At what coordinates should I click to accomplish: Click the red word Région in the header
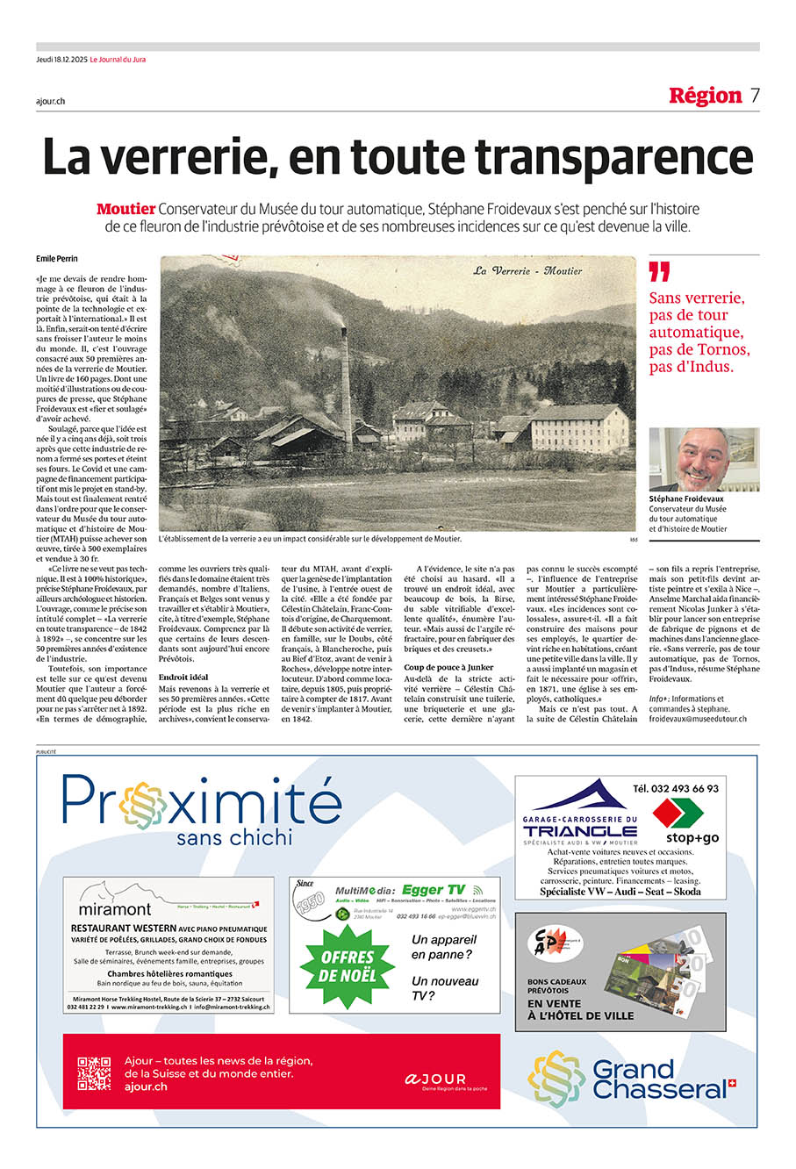(705, 96)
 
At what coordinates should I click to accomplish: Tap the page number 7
(755, 96)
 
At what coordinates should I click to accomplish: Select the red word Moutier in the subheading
(125, 209)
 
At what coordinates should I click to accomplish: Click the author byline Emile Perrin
(57, 259)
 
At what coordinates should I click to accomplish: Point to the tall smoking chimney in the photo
(346, 386)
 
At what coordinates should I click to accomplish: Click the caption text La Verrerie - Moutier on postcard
(527, 271)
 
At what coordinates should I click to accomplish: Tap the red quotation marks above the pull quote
(659, 272)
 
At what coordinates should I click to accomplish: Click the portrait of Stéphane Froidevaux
(704, 459)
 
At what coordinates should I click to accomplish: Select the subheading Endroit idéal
(183, 678)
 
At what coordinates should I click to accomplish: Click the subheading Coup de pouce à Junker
(448, 667)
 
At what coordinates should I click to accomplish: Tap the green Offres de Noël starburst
(348, 965)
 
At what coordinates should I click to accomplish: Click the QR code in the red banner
(94, 1073)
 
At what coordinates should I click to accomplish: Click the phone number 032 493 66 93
(676, 789)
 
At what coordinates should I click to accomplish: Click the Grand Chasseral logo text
(658, 1080)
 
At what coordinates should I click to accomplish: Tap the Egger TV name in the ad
(434, 890)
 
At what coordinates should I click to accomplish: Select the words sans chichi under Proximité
(233, 837)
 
